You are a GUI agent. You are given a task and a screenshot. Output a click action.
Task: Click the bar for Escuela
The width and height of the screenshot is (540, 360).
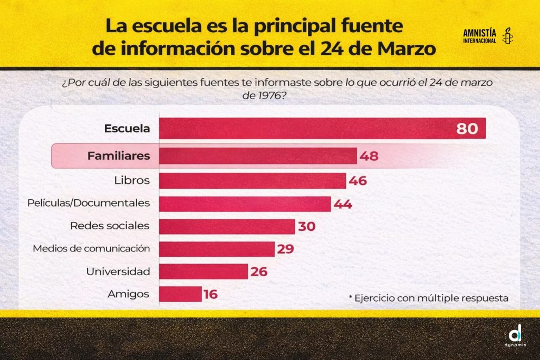[306, 129]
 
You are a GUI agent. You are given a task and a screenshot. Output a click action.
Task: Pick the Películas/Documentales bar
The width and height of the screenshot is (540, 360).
[245, 204]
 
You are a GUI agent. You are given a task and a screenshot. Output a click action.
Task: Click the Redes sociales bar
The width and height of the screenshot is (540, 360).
[227, 226]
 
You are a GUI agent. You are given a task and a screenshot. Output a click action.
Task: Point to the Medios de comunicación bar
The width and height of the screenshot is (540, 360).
[217, 249]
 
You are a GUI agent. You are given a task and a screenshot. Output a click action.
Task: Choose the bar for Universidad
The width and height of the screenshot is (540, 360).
[203, 271]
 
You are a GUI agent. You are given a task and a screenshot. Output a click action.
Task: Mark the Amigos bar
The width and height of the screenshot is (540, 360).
[180, 294]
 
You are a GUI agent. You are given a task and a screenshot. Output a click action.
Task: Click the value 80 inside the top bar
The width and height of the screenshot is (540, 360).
[467, 129]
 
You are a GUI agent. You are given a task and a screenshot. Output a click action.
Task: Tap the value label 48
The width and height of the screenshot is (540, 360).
[369, 157]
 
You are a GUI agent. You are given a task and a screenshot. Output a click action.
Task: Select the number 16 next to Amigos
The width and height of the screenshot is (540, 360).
[210, 295]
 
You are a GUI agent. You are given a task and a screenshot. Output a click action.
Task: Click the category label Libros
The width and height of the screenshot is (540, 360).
[132, 180]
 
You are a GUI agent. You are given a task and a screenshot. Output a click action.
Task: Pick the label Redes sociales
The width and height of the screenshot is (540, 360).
[110, 226]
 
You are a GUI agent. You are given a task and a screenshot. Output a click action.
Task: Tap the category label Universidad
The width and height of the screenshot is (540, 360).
[118, 271]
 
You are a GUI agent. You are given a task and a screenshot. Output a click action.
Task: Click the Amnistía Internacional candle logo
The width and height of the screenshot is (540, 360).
[508, 36]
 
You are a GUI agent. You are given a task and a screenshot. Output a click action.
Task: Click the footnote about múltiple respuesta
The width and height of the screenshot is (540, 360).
[428, 298]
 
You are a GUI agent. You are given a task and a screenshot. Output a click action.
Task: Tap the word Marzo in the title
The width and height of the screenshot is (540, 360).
[406, 48]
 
